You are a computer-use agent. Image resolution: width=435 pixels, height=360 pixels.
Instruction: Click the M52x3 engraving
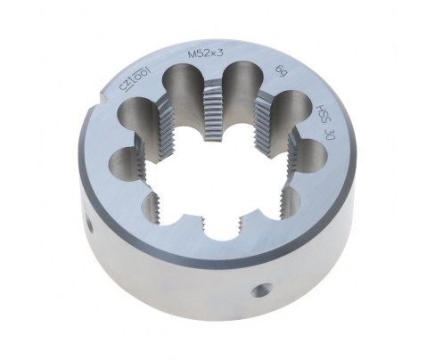(206, 54)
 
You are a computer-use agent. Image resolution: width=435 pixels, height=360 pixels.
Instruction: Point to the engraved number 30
(331, 136)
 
